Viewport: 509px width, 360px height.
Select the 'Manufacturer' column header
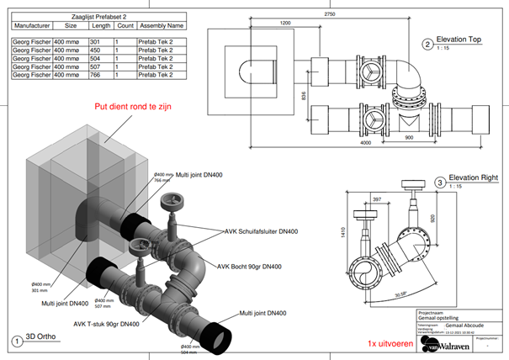[31, 25]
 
